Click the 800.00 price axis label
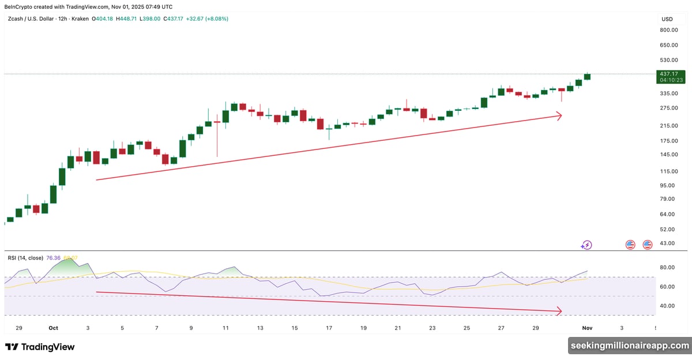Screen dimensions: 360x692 coord(668,30)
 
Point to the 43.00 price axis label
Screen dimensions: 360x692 coord(667,243)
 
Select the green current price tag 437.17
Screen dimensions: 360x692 coord(671,74)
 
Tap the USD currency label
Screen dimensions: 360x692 coord(667,19)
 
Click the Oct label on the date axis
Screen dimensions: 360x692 coord(54,328)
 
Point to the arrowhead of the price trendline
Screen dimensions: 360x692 coord(559,116)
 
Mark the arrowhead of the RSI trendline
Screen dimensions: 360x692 coord(559,312)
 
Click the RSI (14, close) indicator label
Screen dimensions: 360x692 coord(27,258)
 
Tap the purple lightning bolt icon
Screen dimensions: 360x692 coord(586,245)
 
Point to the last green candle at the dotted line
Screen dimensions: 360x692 coord(588,76)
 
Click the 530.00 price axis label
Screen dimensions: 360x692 coord(668,60)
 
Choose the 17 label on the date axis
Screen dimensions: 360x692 coord(329,328)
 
